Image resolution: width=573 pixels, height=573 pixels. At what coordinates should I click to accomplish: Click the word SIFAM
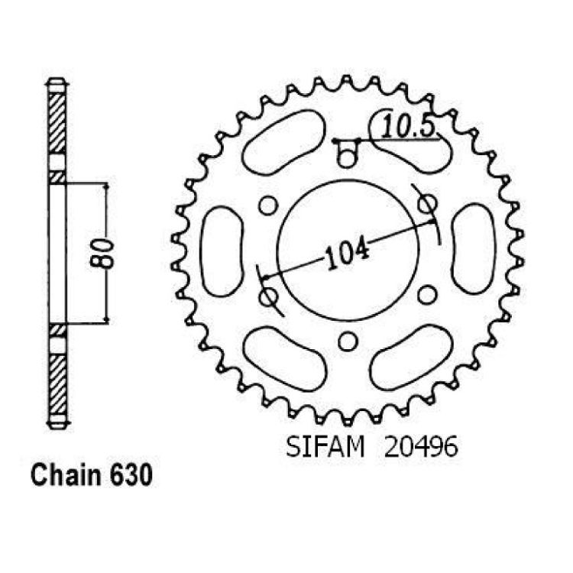325,447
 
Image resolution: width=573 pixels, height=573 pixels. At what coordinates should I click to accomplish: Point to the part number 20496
421,447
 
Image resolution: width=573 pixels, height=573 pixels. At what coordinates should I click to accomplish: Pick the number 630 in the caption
131,476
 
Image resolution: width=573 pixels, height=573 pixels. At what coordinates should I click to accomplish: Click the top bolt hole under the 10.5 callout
346,158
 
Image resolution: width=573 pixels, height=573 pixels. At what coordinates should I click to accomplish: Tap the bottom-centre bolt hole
348,341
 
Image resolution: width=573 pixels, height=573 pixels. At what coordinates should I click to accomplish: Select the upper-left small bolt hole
268,205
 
